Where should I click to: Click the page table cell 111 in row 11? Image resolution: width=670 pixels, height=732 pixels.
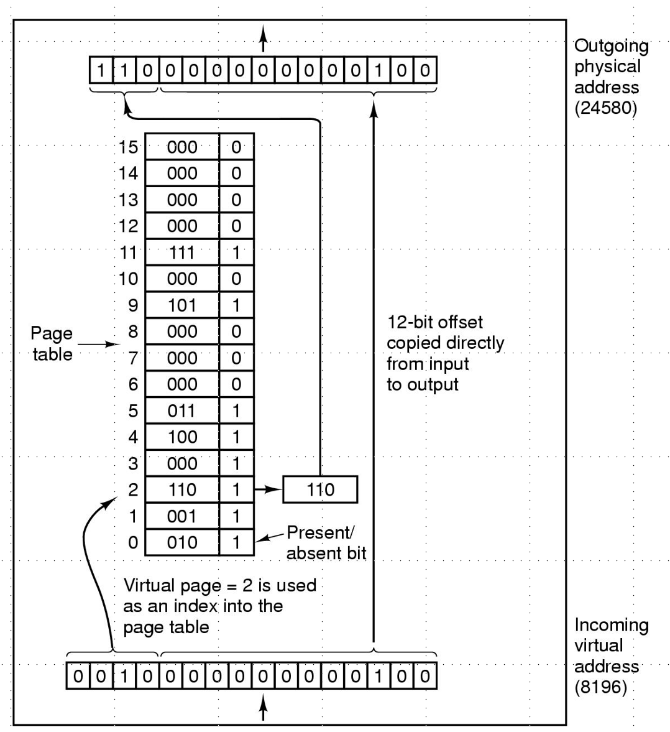tap(182, 252)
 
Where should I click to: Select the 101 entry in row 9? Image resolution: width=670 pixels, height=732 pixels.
tap(182, 305)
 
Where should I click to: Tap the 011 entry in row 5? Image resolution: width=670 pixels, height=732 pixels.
tap(182, 411)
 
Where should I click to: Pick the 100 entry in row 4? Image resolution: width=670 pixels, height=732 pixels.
tap(182, 437)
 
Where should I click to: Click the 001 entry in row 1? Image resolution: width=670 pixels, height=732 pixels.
tap(182, 516)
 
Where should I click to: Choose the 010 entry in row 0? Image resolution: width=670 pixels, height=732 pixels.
tap(182, 542)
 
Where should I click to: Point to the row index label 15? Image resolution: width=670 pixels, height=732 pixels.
tap(128, 147)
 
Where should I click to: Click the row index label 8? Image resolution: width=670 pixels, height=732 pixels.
tap(133, 331)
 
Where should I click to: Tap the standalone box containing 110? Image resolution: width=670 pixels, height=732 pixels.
tap(320, 489)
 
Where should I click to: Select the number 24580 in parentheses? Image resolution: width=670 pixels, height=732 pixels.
tap(605, 108)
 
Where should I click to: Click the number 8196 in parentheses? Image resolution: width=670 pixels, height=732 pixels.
tap(600, 688)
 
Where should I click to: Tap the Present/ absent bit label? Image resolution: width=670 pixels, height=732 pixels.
tap(326, 542)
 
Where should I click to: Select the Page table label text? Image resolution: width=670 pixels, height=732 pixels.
tap(52, 344)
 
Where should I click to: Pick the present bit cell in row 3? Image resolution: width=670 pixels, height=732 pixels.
tap(236, 463)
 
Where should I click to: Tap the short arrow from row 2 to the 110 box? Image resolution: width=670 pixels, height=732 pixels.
tap(268, 489)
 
